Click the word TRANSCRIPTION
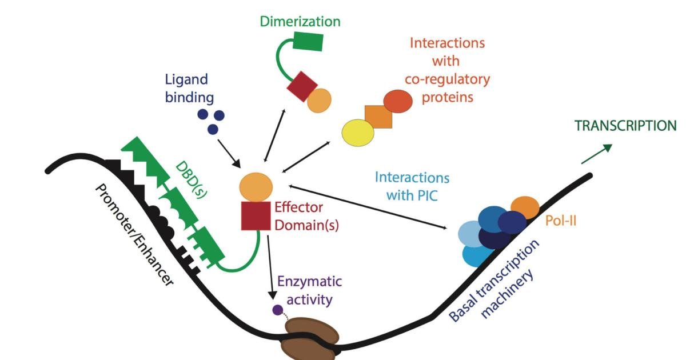click(x=625, y=126)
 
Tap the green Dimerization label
click(x=300, y=22)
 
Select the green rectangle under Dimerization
click(x=309, y=43)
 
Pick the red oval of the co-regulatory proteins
click(x=398, y=102)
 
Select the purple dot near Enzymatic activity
click(x=278, y=310)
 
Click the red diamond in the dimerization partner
click(x=301, y=87)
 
